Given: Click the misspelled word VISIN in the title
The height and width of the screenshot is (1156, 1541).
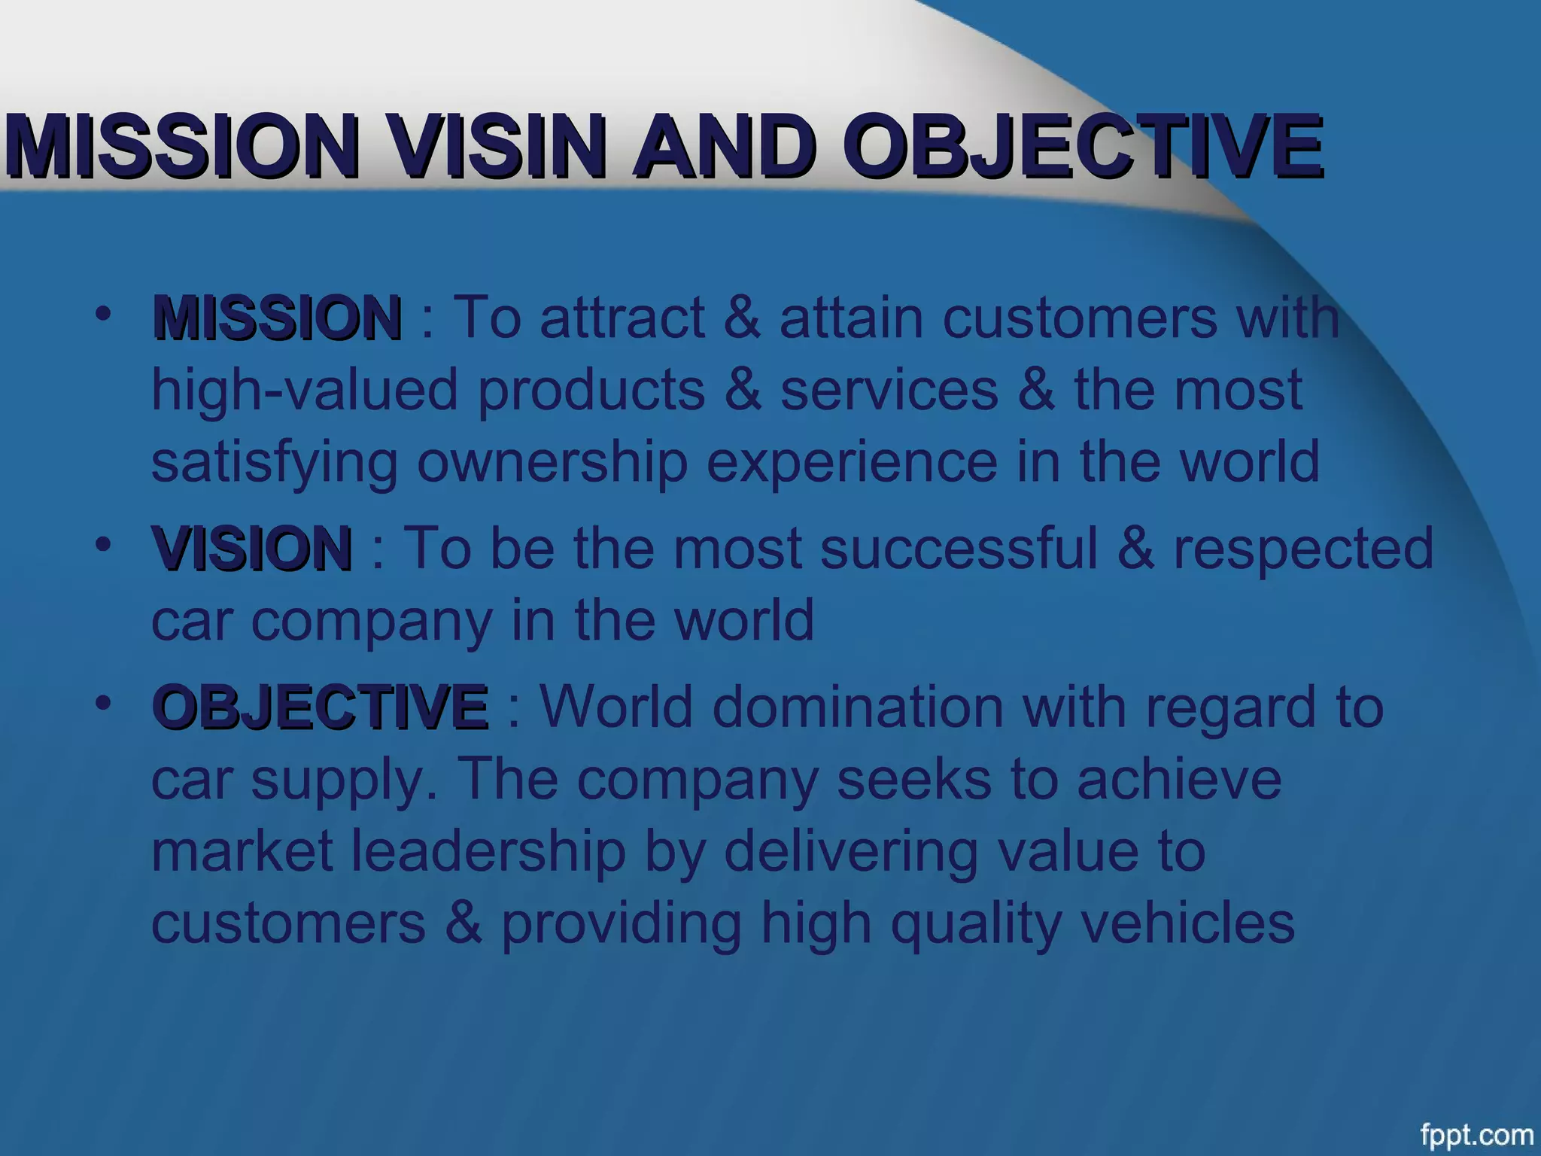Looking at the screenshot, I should pyautogui.click(x=497, y=146).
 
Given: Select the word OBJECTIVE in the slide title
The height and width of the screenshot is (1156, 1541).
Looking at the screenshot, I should pyautogui.click(x=1081, y=146).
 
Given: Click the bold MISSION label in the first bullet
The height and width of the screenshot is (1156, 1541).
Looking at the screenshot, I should pyautogui.click(x=277, y=318).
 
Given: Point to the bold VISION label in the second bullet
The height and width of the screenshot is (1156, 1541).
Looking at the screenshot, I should pyautogui.click(x=252, y=549).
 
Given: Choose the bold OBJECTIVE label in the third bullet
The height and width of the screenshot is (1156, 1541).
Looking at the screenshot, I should pyautogui.click(x=320, y=707).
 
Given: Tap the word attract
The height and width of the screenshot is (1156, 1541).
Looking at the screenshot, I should pyautogui.click(x=622, y=318).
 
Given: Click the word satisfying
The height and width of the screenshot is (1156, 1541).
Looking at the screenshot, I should pyautogui.click(x=275, y=464).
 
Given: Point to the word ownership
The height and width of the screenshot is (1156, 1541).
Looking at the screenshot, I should pyautogui.click(x=552, y=464).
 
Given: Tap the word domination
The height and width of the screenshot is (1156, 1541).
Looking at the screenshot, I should pyautogui.click(x=858, y=707).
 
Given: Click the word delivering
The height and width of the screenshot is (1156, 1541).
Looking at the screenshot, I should pyautogui.click(x=850, y=853).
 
